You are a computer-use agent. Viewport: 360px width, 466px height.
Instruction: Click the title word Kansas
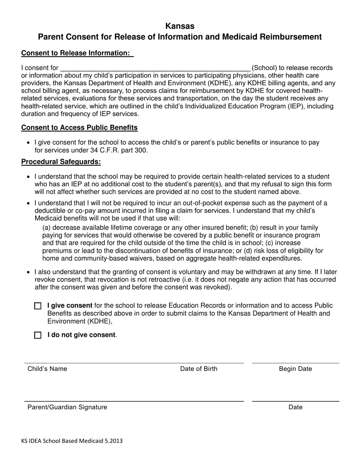[180, 26]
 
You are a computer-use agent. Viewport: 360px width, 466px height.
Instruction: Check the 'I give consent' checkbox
[38, 306]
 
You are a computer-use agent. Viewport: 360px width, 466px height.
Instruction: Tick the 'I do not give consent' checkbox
[38, 335]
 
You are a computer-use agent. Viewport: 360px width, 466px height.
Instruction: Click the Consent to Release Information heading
[77, 53]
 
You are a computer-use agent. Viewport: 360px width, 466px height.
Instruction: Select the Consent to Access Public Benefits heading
[79, 127]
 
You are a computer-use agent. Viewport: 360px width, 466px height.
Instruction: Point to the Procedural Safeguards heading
[61, 162]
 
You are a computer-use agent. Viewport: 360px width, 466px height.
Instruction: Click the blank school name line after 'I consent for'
[155, 68]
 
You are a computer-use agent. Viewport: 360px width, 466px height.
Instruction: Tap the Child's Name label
[47, 369]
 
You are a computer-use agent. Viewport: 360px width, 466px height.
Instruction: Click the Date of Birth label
[199, 369]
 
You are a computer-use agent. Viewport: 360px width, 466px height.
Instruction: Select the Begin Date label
[295, 369]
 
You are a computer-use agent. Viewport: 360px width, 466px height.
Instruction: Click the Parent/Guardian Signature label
[67, 407]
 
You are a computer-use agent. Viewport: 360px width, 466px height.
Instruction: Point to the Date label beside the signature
[295, 407]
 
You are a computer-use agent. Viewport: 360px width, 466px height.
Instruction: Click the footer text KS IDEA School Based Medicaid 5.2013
[72, 441]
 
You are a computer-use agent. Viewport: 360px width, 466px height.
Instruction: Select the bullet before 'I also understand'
[28, 272]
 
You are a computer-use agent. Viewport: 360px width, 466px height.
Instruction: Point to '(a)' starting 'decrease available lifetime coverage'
[47, 228]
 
